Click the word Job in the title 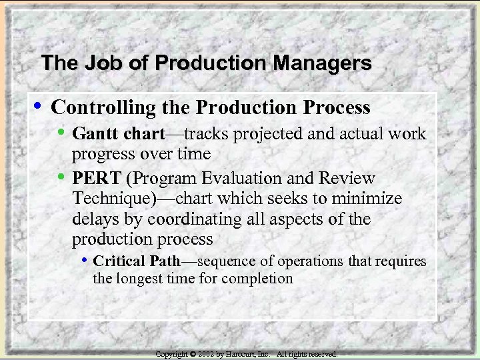100,63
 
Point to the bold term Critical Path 137,261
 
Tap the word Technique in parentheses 110,199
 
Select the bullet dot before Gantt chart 62,133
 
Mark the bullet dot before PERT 62,177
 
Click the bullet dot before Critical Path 85,260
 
